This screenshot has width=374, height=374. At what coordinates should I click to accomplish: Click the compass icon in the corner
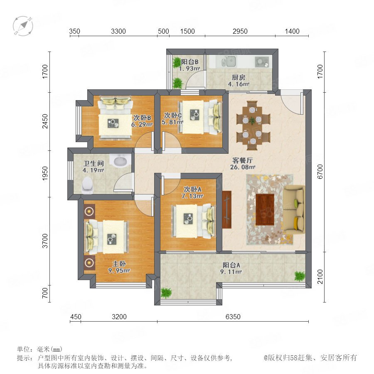pos(23,26)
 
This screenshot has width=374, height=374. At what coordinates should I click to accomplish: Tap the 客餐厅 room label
pos(242,160)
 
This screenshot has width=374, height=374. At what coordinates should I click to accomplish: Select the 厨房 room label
pos(239,78)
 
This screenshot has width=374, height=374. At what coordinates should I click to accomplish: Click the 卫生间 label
pos(93,163)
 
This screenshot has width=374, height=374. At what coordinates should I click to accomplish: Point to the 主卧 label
pos(119,264)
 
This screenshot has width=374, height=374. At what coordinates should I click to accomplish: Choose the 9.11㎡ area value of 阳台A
pos(231,272)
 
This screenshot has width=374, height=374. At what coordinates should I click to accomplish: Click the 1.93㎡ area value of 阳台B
pos(189,69)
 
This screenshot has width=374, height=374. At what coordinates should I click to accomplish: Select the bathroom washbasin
pos(121,161)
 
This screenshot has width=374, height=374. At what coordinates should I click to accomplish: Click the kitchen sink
pos(229,62)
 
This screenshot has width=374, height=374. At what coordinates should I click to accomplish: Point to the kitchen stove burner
pos(262,62)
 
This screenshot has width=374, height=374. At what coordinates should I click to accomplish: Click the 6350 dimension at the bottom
pos(233,317)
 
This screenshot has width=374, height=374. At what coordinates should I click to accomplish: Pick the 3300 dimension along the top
pos(118,31)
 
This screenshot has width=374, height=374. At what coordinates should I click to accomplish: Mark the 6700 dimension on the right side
pos(320,172)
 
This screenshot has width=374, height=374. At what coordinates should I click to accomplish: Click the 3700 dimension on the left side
pos(45,241)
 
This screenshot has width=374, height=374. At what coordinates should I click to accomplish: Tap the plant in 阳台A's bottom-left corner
pos(166,293)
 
